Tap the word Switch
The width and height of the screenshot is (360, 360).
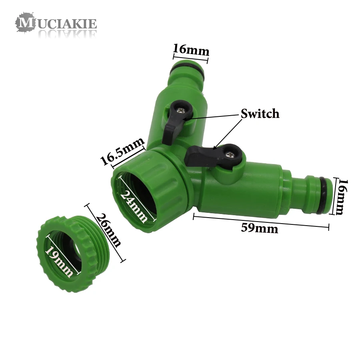pyautogui.click(x=260, y=114)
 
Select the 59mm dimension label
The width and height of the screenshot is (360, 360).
pyautogui.click(x=259, y=228)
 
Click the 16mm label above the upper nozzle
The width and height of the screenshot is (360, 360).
pyautogui.click(x=191, y=50)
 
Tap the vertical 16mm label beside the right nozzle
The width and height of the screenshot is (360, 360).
pyautogui.click(x=342, y=197)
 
